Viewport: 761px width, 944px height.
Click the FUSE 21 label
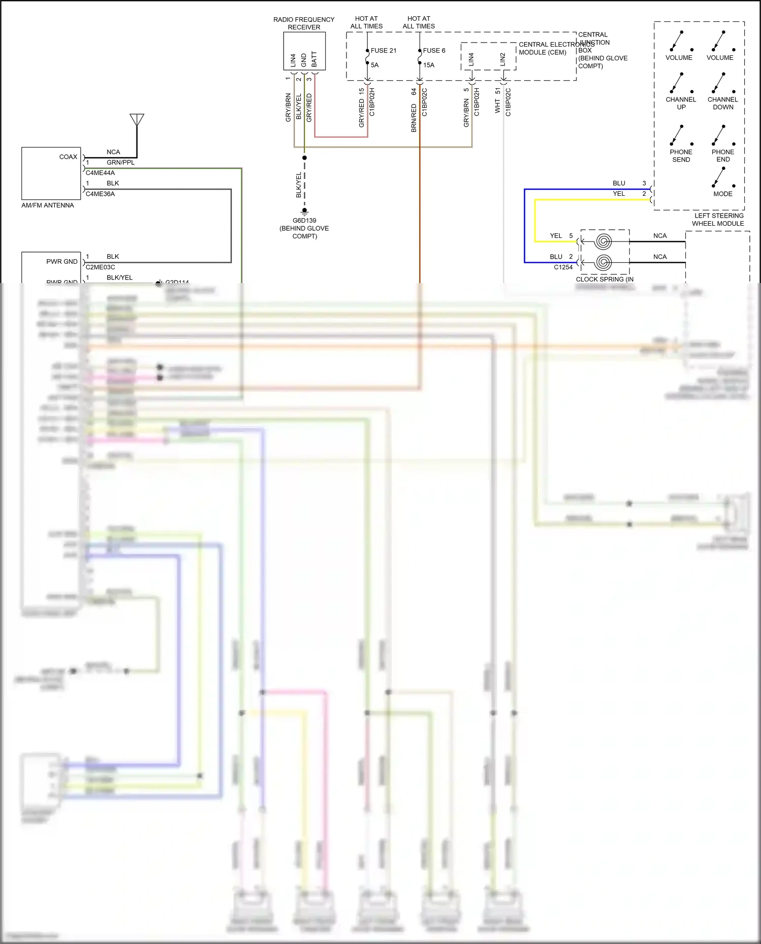pos(383,51)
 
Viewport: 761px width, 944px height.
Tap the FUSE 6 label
pos(434,51)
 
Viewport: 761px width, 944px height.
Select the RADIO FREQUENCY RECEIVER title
pos(304,23)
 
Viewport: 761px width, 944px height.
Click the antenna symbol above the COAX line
pos(137,120)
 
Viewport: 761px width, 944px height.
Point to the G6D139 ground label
pos(304,221)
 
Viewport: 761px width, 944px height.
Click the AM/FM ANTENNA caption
pos(48,205)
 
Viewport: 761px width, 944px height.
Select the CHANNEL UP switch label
pos(681,103)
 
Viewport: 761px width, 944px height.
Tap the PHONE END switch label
pos(723,156)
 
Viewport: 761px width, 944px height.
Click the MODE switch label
pos(723,194)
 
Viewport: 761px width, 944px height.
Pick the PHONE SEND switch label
pos(681,156)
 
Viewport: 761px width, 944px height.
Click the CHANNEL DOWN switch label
pos(723,103)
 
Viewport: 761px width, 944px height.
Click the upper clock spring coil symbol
pos(603,241)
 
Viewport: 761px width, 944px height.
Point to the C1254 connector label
pos(563,267)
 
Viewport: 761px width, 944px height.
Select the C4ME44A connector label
pos(100,173)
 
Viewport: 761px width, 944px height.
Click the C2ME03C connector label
pos(100,267)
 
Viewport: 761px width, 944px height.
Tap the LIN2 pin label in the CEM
pos(503,59)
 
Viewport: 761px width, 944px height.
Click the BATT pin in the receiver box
pos(314,59)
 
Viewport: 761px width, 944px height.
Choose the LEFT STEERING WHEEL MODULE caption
pos(718,220)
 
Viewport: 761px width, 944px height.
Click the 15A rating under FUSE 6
pos(429,65)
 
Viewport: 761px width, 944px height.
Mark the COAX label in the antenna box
pos(68,157)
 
